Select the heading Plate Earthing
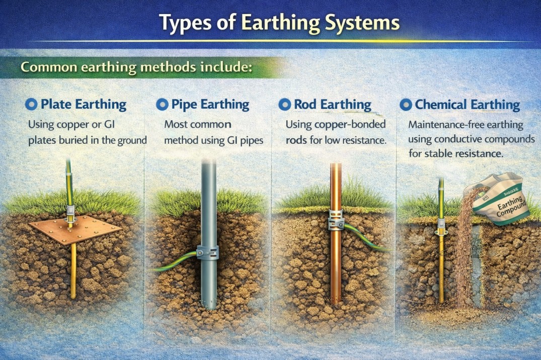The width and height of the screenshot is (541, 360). (x=83, y=105)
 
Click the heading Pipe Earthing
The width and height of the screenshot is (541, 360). (x=210, y=105)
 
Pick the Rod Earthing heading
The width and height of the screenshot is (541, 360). (x=332, y=105)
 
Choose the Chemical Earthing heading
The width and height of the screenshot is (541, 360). (x=467, y=105)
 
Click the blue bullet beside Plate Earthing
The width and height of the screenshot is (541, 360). (x=31, y=105)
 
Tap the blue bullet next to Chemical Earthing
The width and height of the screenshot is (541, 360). (x=406, y=105)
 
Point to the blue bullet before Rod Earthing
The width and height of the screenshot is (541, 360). (x=284, y=105)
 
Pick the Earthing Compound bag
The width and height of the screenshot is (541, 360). (x=498, y=201)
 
